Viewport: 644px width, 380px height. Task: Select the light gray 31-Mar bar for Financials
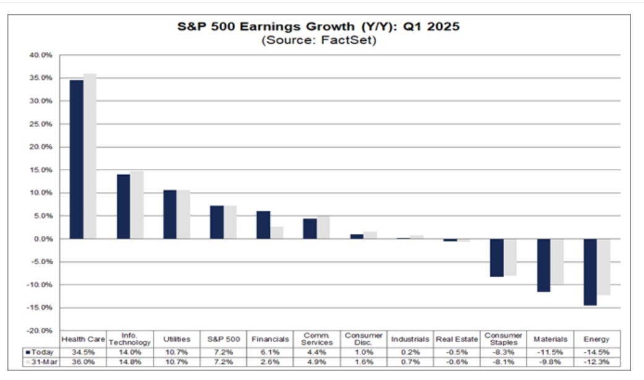coord(277,233)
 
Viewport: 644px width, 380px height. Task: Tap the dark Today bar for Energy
coord(590,272)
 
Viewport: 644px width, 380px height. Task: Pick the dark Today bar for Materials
coord(543,265)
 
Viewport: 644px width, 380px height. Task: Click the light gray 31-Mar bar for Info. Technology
coord(137,205)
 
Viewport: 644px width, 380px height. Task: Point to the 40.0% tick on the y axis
coord(41,55)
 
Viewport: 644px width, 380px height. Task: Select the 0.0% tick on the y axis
coord(43,239)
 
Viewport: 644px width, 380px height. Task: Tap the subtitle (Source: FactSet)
coord(319,41)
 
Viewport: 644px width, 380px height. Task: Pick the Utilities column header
coord(177,339)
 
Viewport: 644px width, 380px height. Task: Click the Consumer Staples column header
coord(503,339)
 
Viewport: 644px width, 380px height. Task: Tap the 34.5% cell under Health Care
coord(84,352)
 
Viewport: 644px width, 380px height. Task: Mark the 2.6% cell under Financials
coord(270,361)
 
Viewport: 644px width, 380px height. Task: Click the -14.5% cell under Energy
coord(596,352)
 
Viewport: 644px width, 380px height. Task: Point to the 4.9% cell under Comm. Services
coord(316,361)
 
